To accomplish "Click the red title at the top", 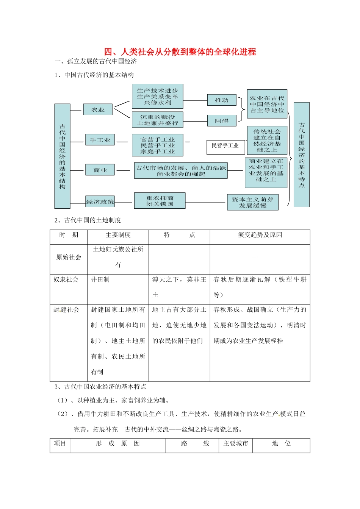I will [x=180, y=52].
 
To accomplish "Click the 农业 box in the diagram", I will [x=98, y=109].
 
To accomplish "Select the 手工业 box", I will [x=100, y=140].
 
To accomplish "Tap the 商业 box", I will [x=100, y=170].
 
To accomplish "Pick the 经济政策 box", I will [x=100, y=202].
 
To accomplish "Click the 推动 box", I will [x=222, y=100].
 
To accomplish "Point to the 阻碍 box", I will [x=222, y=121].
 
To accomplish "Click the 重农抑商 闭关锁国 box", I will [x=160, y=201].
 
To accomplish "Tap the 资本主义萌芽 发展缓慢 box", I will [x=252, y=202].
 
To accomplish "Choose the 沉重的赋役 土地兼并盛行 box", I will [x=157, y=120].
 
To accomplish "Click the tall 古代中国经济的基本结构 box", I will [x=62, y=156].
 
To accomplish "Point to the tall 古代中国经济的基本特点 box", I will [x=301, y=155].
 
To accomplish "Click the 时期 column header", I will [x=69, y=235].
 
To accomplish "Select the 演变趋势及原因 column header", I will [x=260, y=235].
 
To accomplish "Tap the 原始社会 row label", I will [x=69, y=257].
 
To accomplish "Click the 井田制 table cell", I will [x=100, y=279].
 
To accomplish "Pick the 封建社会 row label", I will [x=66, y=310].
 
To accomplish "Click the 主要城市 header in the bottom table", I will [x=235, y=443].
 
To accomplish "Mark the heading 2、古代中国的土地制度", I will [x=88, y=220].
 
